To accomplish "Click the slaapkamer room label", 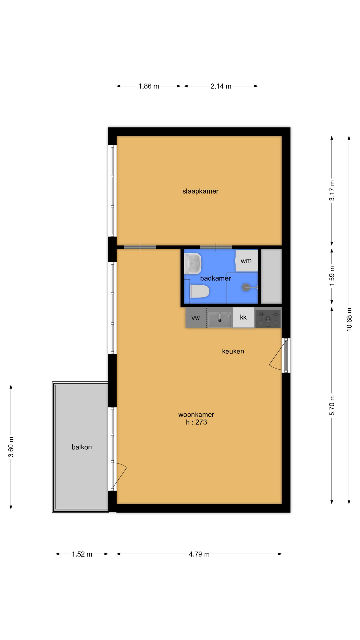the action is (200, 191).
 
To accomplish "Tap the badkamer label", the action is (215, 278).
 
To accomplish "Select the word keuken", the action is (233, 351).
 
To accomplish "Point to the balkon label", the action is (82, 447).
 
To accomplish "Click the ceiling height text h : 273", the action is (196, 422).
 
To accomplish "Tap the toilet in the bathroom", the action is (199, 292).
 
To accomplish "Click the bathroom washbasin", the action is (193, 264).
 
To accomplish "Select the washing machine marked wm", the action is (246, 261).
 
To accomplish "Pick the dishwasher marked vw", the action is (196, 318).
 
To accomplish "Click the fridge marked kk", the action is (243, 317).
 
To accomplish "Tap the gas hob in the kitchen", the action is (268, 319).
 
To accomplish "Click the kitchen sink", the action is (220, 320).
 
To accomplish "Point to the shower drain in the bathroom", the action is (246, 287).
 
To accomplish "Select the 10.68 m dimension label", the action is (349, 319).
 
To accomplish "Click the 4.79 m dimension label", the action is (199, 554).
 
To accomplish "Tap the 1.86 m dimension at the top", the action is (149, 86).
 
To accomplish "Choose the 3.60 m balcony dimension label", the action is (11, 447).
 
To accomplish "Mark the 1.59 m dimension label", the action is (332, 276).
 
